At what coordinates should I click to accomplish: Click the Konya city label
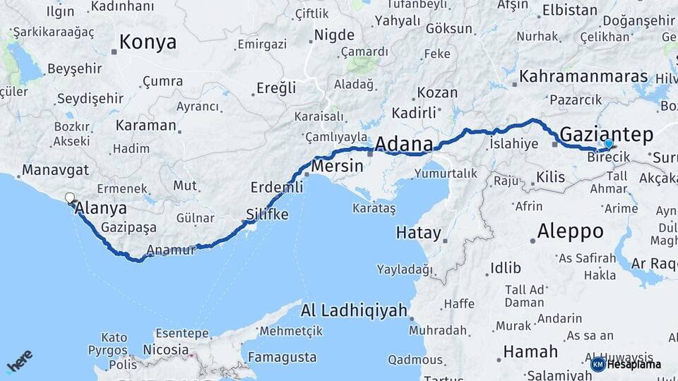point(148,42)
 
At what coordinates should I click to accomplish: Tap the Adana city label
point(403,144)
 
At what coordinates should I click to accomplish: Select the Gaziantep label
point(606,133)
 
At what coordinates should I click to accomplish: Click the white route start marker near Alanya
point(69,198)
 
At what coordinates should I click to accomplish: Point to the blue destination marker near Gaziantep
point(608,143)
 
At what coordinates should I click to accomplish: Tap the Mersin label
point(337,167)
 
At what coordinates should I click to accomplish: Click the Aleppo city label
point(570,231)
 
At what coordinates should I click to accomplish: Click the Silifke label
point(267,214)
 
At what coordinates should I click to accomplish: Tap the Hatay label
point(418,233)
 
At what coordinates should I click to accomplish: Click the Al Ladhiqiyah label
point(354,310)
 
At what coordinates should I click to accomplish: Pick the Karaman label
point(145,126)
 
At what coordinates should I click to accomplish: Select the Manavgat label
point(55,170)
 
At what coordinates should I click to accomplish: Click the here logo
point(20,361)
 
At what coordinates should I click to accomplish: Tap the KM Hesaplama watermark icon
point(598,364)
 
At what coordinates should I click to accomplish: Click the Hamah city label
point(530,351)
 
